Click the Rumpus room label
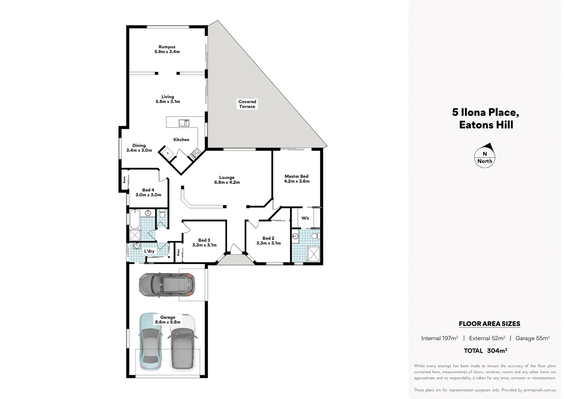click(167, 49)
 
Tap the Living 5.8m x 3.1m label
click(168, 99)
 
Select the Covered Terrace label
click(247, 104)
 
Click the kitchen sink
click(184, 123)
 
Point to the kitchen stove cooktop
click(195, 153)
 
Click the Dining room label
click(139, 148)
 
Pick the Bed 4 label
click(148, 192)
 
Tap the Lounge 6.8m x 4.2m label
click(227, 180)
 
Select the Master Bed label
click(296, 179)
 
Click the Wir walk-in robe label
click(305, 218)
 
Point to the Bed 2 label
click(268, 241)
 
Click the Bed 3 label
click(204, 242)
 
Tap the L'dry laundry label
click(149, 251)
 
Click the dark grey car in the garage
click(166, 285)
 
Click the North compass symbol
click(485, 156)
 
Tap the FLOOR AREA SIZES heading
click(489, 324)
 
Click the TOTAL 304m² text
click(485, 351)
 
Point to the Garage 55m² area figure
click(532, 338)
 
